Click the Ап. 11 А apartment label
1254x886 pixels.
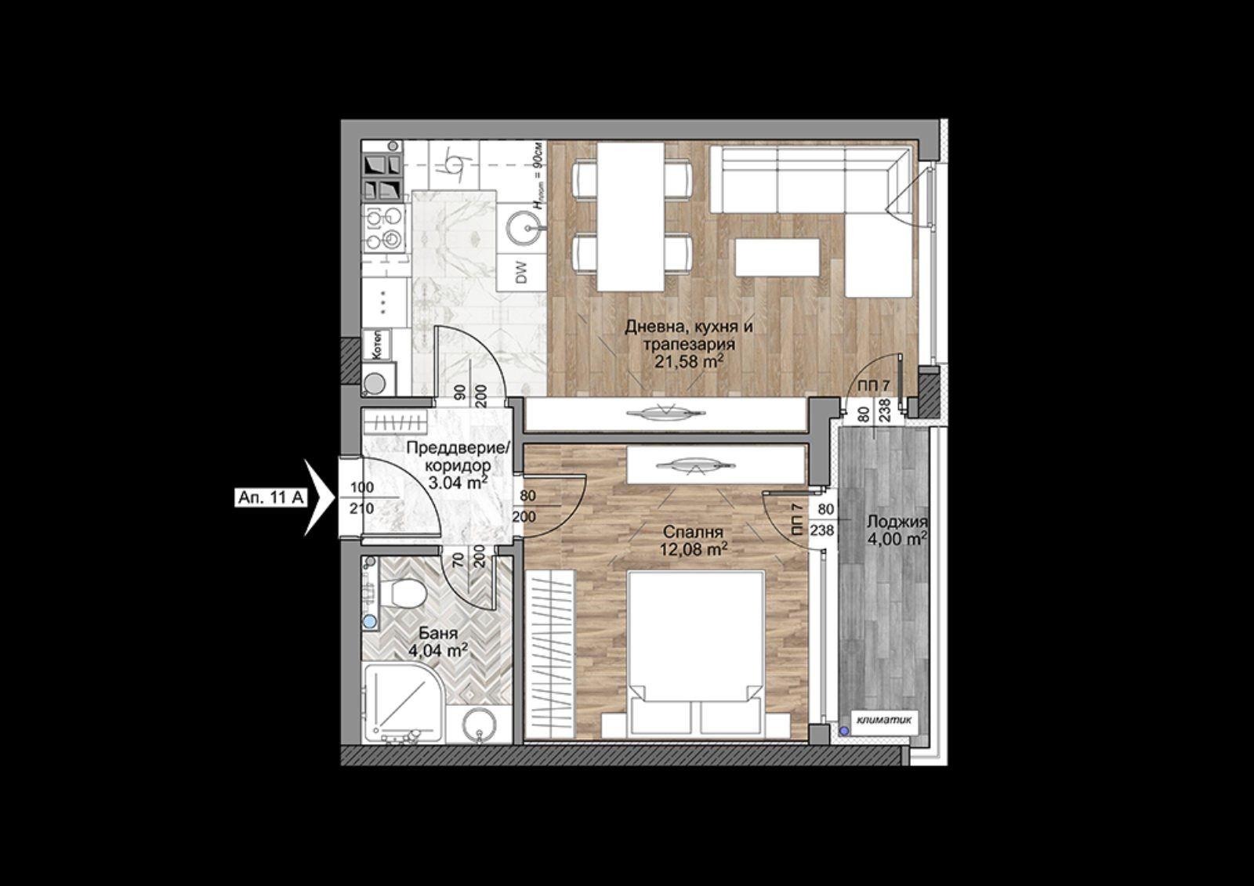click(270, 497)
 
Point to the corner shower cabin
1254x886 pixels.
click(403, 703)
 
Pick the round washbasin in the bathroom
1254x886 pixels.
click(480, 725)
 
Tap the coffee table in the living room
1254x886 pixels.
click(777, 257)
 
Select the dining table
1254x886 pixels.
click(630, 216)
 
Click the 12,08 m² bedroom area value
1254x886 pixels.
click(694, 549)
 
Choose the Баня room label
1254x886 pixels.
click(438, 634)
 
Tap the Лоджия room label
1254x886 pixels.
click(896, 522)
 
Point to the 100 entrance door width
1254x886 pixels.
click(361, 487)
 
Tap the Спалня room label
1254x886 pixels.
click(693, 532)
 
